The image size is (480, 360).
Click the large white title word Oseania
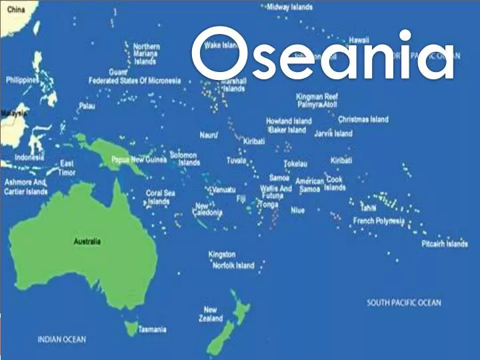click(325, 55)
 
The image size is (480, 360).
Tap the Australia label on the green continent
click(87, 241)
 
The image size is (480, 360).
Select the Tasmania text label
click(152, 329)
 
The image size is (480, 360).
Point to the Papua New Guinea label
click(139, 160)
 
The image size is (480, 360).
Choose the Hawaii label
click(359, 39)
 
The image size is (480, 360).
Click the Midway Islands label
click(289, 7)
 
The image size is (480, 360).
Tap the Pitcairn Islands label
click(444, 244)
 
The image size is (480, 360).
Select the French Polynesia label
click(378, 221)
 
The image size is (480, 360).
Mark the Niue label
click(297, 210)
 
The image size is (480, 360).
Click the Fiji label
click(241, 198)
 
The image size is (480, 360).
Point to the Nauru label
click(208, 135)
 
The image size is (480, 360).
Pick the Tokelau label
click(295, 163)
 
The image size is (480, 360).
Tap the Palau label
click(87, 106)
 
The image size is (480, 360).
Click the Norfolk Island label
click(233, 265)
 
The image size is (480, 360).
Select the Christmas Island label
click(363, 119)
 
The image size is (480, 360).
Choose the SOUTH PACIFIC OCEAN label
click(404, 303)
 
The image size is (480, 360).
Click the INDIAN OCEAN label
click(61, 340)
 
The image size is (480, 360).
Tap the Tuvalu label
click(236, 161)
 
